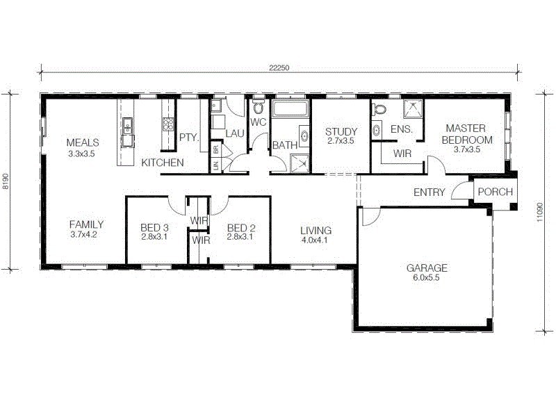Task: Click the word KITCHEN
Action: coord(163,163)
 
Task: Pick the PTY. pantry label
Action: coord(189,138)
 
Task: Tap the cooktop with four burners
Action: coord(167,124)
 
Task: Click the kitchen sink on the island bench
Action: coord(128,126)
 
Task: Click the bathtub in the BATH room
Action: coord(291,108)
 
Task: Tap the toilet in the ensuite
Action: coord(379,110)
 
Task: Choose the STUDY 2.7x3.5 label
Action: coord(341,136)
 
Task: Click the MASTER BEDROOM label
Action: coord(465,133)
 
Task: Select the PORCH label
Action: coord(496,192)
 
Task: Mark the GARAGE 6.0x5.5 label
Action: coord(427,272)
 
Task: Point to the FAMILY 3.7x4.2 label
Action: coord(86,229)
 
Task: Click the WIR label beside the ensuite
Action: coord(404,152)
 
